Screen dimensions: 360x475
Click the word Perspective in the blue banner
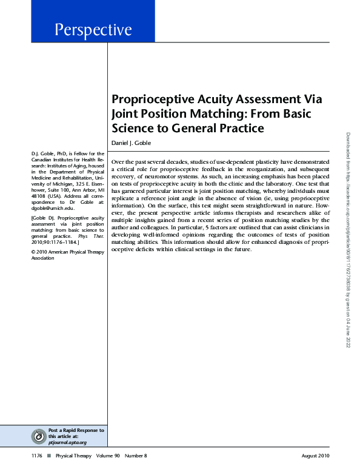pos(93,29)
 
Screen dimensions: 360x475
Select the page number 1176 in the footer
pos(37,456)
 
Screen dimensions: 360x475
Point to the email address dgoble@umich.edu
pos(53,224)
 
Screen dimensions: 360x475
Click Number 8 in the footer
pos(136,456)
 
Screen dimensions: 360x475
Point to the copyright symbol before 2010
pos(33,251)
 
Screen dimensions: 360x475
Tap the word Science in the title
pos(132,128)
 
